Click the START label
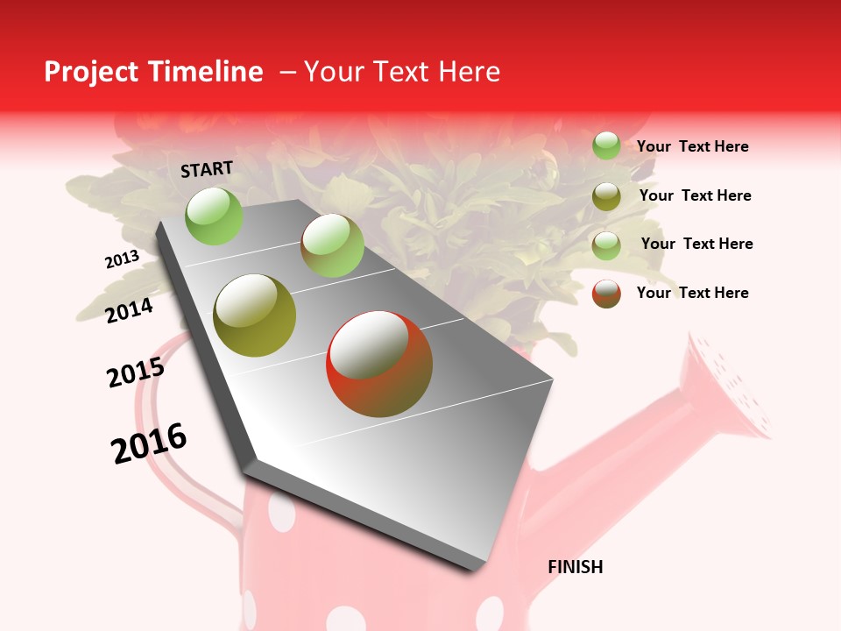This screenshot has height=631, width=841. coord(207,169)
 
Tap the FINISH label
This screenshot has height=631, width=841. coord(575,567)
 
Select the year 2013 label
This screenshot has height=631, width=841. coord(122,259)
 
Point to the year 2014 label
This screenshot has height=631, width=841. coord(129,310)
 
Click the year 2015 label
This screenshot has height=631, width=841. coord(136,372)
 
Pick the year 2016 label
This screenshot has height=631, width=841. coord(149,443)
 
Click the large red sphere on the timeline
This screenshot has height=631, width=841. coord(379,364)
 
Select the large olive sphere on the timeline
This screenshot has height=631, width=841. coord(255,315)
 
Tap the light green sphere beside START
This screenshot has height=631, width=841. coord(215,216)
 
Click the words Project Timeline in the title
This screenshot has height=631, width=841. coord(153,72)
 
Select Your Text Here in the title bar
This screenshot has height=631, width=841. coord(401,72)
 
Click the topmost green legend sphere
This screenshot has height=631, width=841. coord(606,145)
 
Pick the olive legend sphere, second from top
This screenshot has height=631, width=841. coord(606,196)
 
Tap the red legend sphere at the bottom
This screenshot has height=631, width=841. coord(606,294)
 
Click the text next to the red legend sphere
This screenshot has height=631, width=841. coord(692,293)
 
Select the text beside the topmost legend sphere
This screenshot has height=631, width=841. coord(692,146)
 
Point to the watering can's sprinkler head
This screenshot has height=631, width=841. coord(731,386)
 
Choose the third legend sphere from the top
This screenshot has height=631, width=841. coord(606,245)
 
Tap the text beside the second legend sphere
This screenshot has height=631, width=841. coord(695,195)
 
